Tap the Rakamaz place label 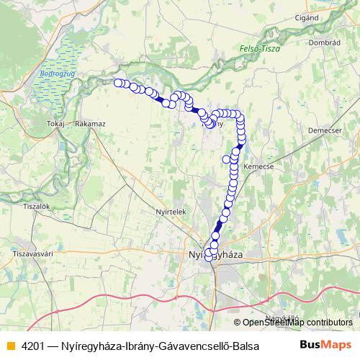[x=90, y=124]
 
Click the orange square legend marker [x=10, y=344]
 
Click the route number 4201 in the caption [x=34, y=344]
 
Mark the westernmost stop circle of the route [x=118, y=83]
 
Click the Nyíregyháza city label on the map [x=216, y=256]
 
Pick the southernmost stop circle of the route [x=210, y=257]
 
